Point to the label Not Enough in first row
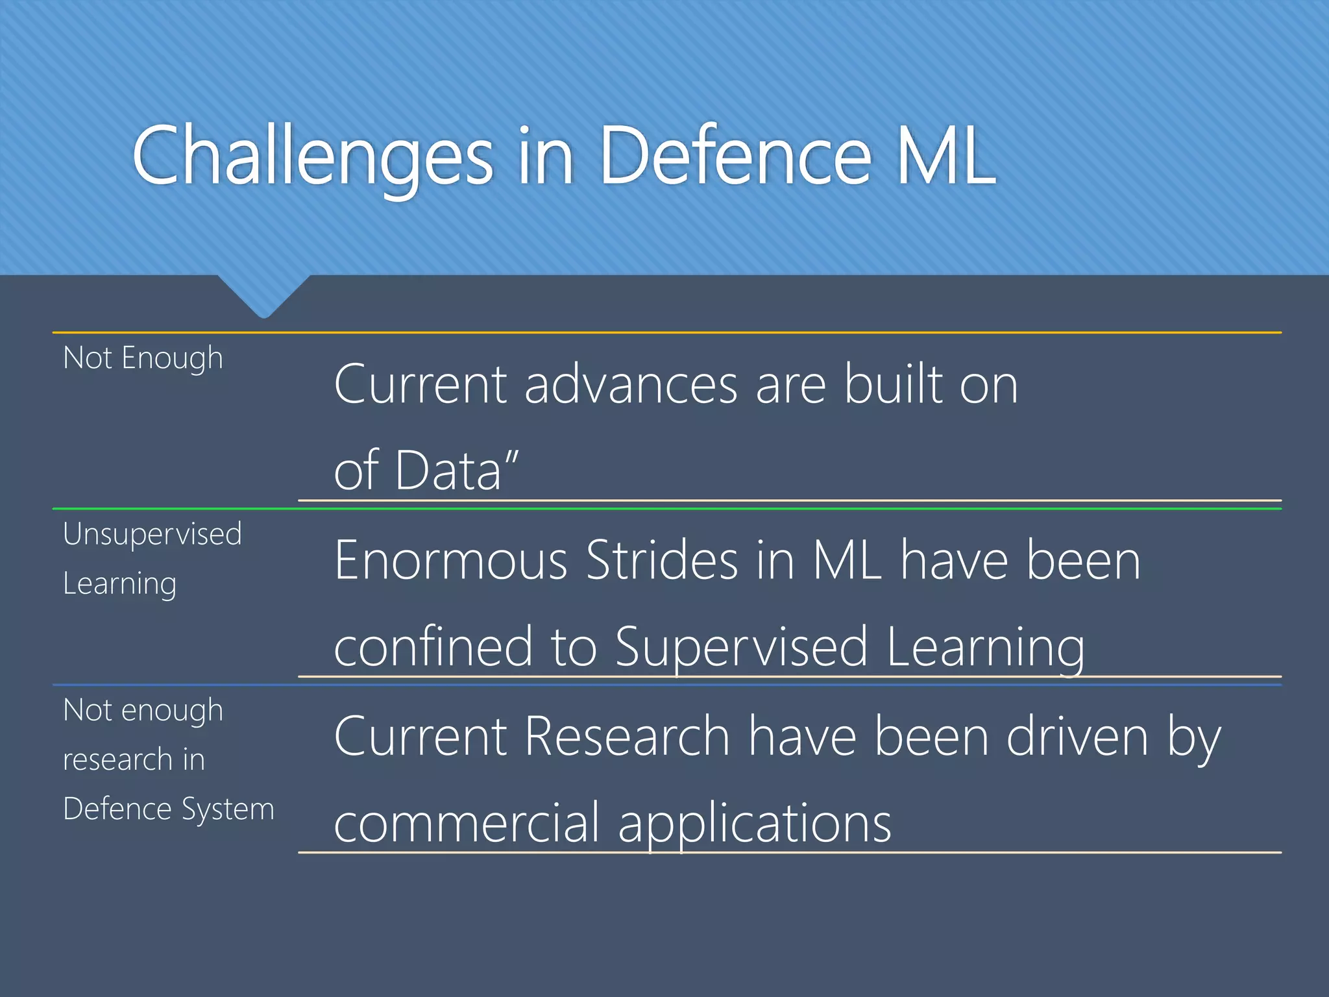click(x=143, y=358)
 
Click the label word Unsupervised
click(x=152, y=535)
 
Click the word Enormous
click(x=451, y=561)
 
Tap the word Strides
click(x=661, y=561)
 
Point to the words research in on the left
click(x=134, y=760)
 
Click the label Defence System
click(x=169, y=809)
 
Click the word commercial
click(x=467, y=823)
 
